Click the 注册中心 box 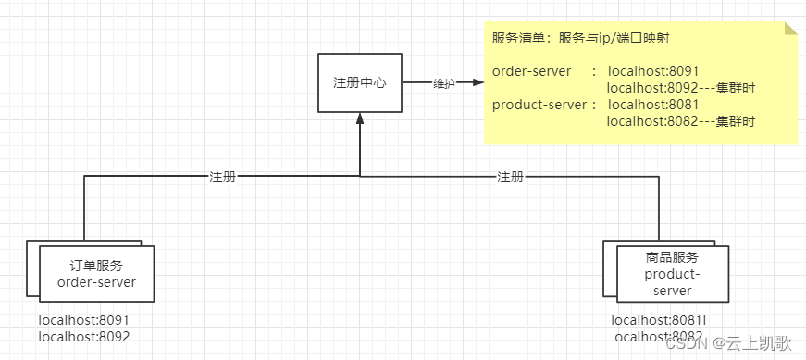(359, 83)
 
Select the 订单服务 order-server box (95, 273)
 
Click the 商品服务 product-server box (672, 274)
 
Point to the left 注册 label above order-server (222, 176)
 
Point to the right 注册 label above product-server (510, 176)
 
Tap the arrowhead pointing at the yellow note (477, 82)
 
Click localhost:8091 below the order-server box (84, 320)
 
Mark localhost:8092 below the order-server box (84, 337)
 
